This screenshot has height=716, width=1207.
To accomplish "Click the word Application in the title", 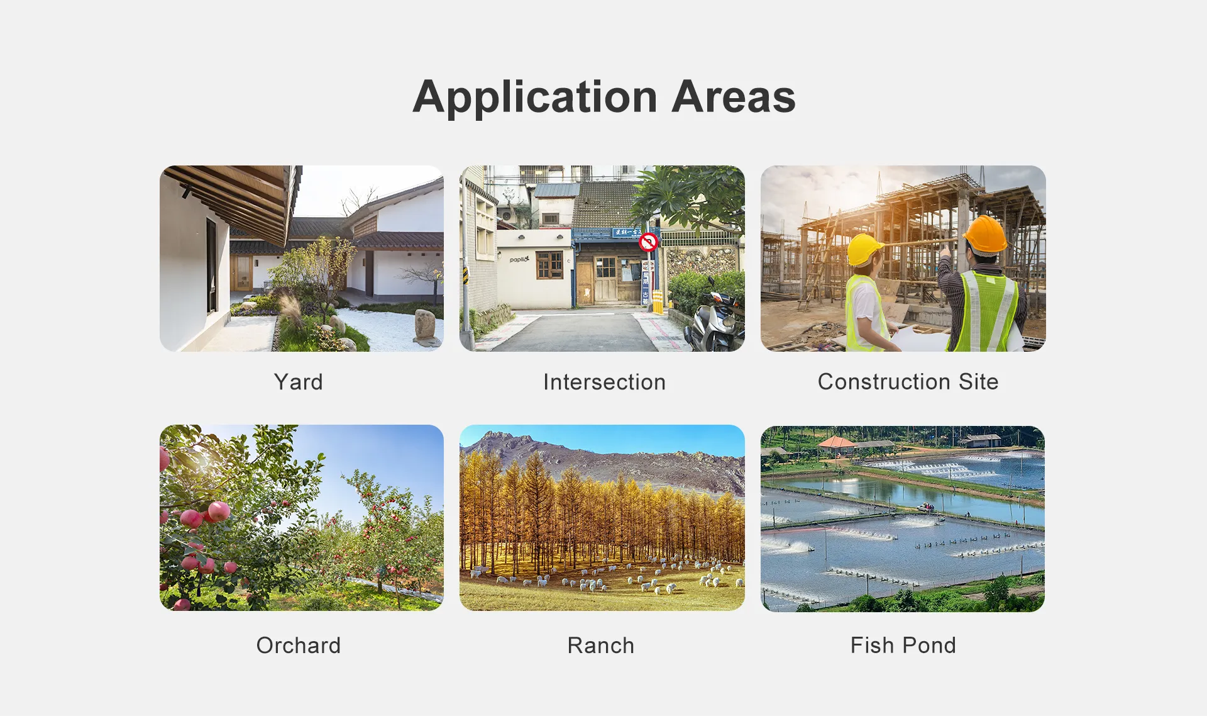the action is pos(536,98).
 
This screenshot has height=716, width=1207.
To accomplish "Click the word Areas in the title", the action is pos(734,97).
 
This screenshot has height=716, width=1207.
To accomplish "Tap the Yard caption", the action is pos(298,382).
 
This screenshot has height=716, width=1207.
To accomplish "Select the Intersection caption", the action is pos(604,382).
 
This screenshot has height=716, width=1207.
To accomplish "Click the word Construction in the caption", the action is pos(884,381).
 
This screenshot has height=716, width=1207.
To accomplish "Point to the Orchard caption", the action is pos(298,646).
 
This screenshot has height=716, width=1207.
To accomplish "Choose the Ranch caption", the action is pos(601,646).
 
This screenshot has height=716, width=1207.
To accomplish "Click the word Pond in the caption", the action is pos(929,645).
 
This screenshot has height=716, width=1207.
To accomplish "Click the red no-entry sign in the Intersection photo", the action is pos(648,242).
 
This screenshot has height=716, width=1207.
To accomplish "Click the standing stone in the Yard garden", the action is pos(426,325).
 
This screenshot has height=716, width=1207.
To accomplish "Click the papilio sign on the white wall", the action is pos(519,259).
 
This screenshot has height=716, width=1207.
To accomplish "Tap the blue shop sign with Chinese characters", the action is pos(626,233).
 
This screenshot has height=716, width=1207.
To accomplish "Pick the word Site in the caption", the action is pos(978,381).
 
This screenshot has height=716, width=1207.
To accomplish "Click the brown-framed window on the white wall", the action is pos(549,264).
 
